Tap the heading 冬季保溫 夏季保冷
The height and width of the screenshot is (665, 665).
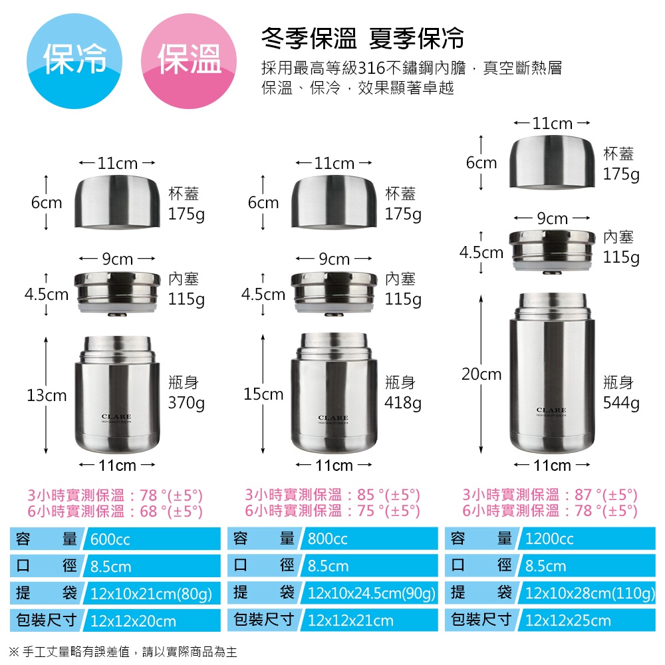tap(362, 39)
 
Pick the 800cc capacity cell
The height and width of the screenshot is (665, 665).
tap(369, 539)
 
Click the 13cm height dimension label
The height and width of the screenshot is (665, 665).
tap(47, 395)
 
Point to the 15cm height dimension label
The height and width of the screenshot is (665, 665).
tap(263, 394)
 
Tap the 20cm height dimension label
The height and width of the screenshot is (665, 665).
tap(481, 374)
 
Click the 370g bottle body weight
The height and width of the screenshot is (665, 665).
tap(186, 403)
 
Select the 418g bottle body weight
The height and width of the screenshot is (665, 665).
tap(403, 403)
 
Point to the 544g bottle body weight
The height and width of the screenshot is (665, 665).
tap(621, 403)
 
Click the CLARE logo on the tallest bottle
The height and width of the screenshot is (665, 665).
tap(551, 410)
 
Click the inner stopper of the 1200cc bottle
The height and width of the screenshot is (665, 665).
tap(551, 249)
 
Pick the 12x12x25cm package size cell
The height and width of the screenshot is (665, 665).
tap(568, 621)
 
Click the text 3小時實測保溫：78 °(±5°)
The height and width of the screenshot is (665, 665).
tap(114, 495)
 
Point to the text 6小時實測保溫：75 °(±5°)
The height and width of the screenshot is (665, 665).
tap(332, 511)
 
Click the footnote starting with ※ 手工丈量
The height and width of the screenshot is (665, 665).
tap(123, 652)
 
